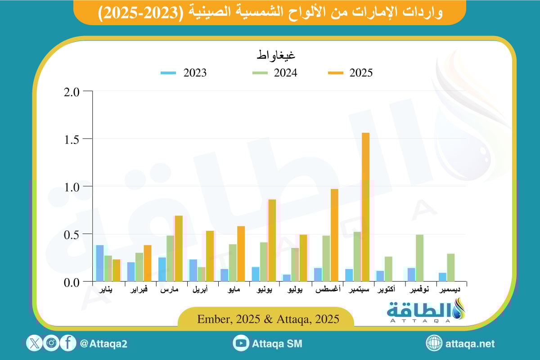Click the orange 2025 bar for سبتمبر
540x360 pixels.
365,207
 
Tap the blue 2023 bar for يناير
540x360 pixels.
100,263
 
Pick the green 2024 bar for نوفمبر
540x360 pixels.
419,258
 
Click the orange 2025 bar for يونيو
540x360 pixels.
272,240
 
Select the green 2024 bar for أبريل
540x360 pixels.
201,274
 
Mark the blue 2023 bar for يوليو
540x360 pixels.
287,278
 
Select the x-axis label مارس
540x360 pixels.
170,290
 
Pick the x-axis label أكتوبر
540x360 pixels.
388,290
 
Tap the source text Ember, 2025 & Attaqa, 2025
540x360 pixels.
268,319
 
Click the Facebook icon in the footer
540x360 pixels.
67,343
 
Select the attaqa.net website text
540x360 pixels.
470,344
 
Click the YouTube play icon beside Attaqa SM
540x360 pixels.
242,343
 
